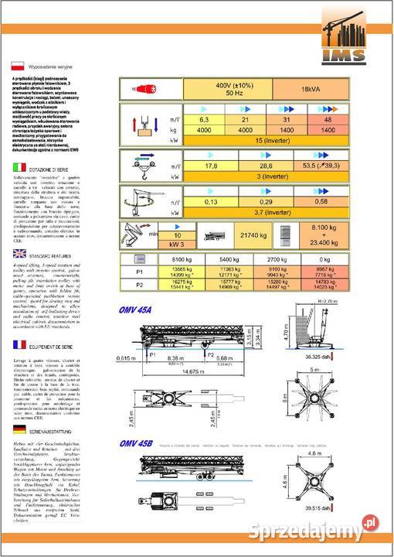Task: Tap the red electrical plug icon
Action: pos(144,89)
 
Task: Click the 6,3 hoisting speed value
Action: pos(205,121)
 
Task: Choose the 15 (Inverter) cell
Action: pos(265,142)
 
